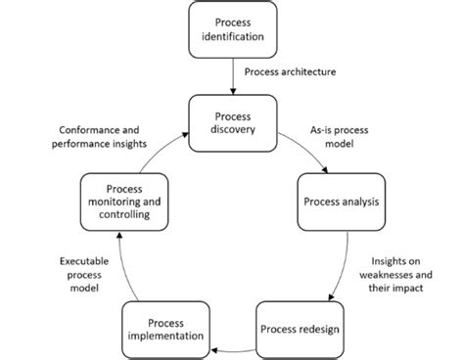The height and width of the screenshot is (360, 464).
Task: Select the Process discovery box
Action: [x=232, y=124]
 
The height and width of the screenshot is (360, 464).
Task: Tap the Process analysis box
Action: [x=339, y=202]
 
